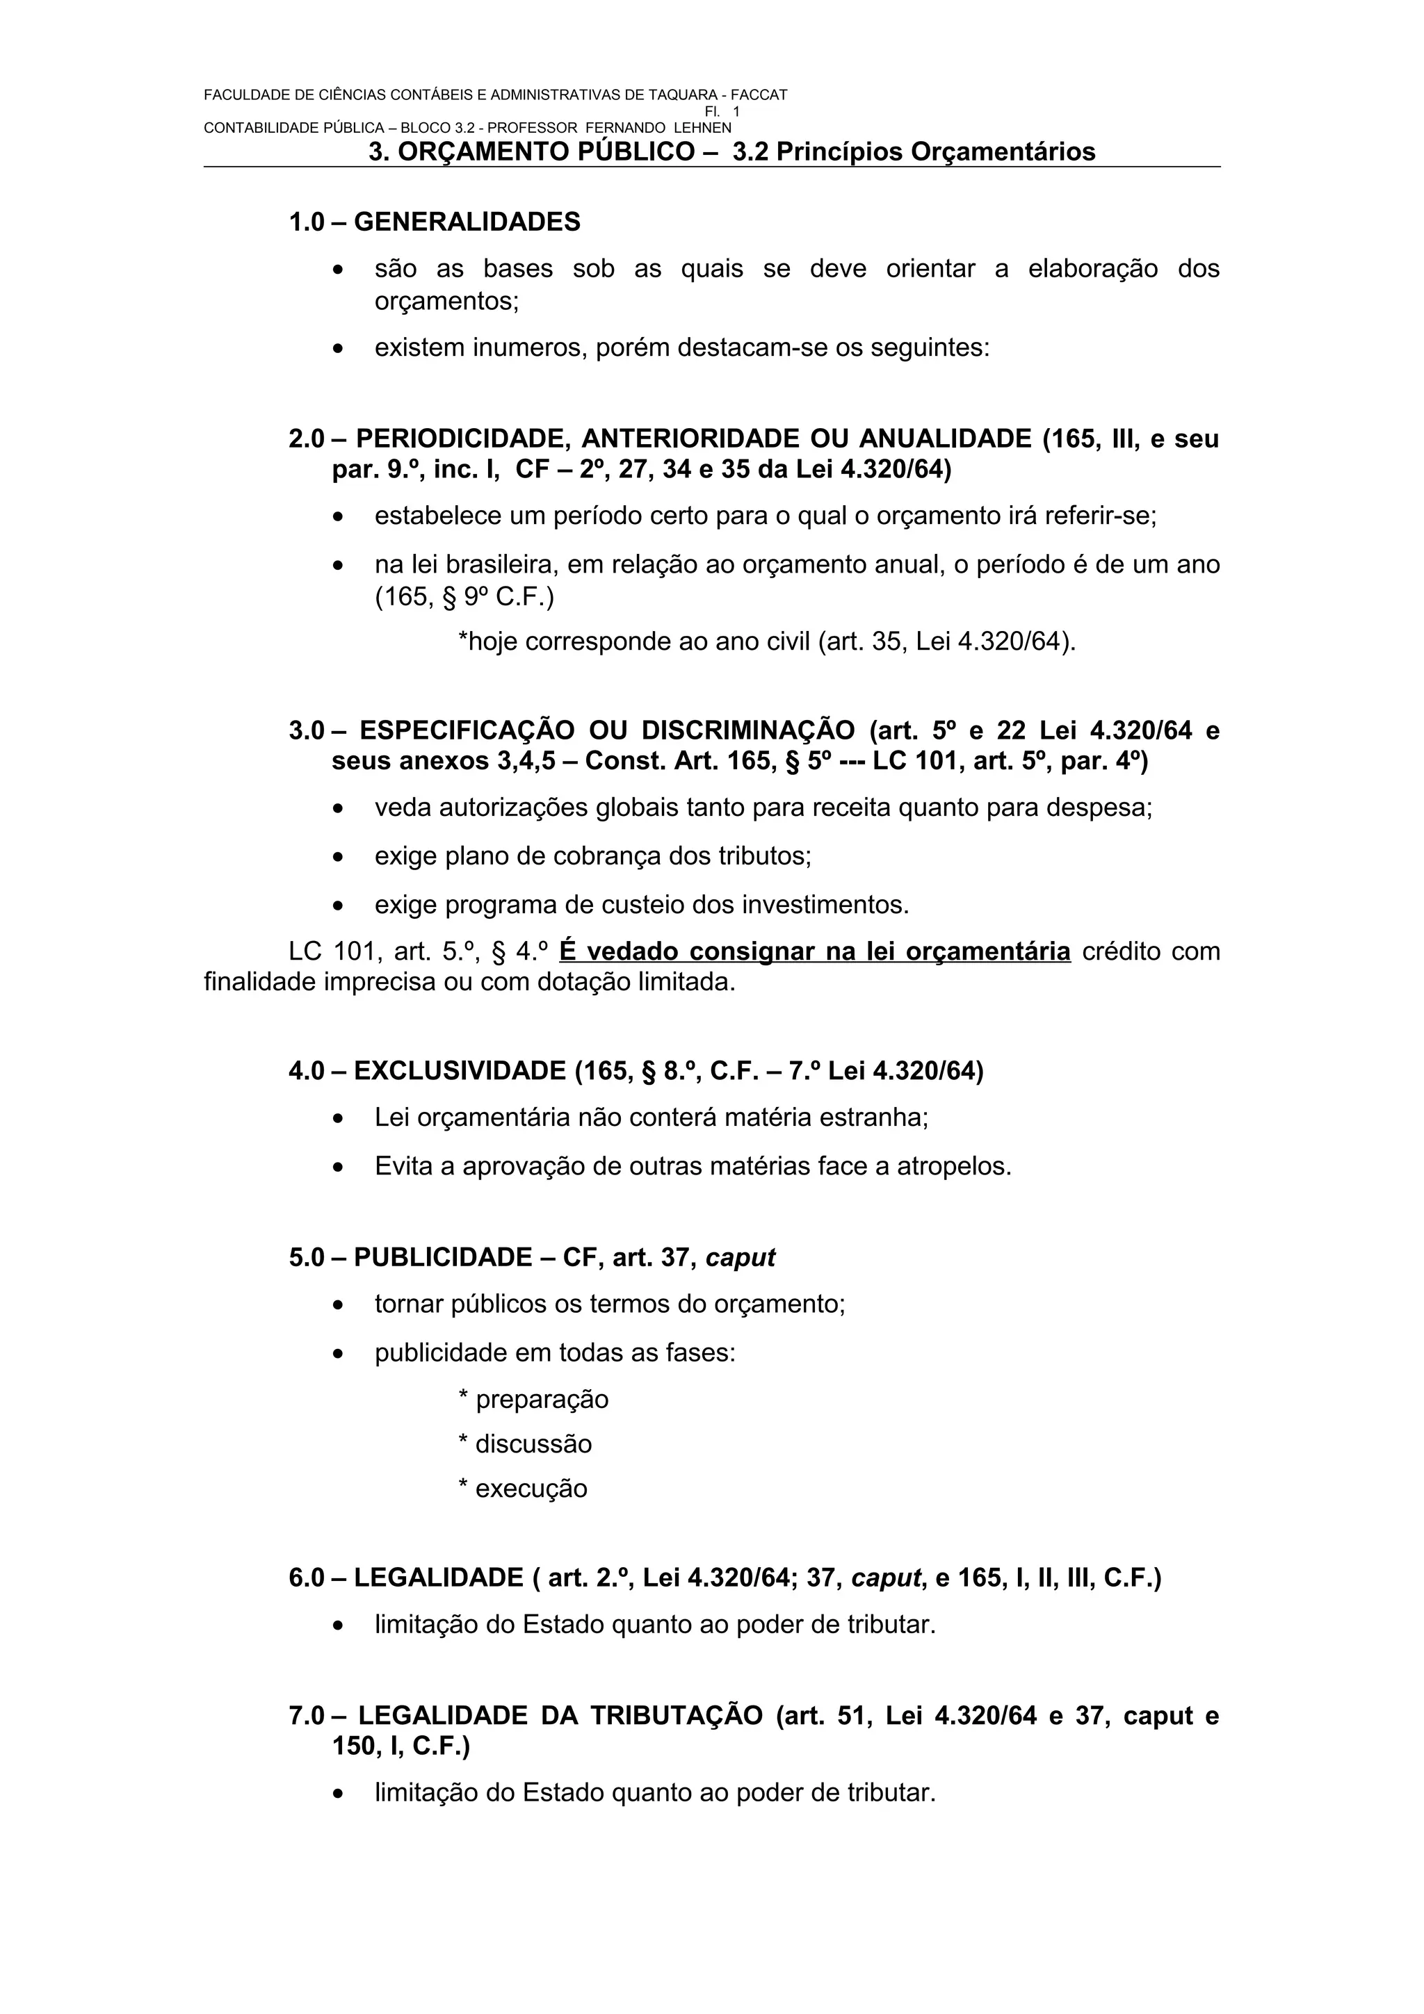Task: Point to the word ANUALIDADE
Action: pyautogui.click(x=945, y=438)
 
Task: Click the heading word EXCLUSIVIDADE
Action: pyautogui.click(x=460, y=1070)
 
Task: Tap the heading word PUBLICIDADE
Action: pyautogui.click(x=443, y=1257)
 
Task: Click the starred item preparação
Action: pyautogui.click(x=542, y=1399)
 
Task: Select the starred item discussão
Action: pyautogui.click(x=533, y=1444)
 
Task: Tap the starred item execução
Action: pyautogui.click(x=531, y=1489)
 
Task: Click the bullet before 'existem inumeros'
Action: pyautogui.click(x=339, y=349)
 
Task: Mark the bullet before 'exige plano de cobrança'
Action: pyautogui.click(x=339, y=856)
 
